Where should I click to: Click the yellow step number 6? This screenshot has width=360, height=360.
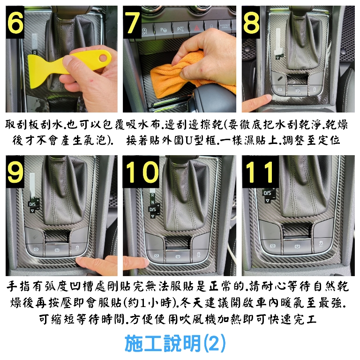tap(15, 22)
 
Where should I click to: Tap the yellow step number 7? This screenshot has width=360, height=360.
tap(133, 22)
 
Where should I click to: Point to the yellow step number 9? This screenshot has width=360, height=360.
tap(15, 172)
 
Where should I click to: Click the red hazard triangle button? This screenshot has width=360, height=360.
tap(197, 29)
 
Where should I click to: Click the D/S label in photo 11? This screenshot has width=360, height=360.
tap(267, 193)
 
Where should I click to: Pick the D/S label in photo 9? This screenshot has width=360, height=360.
tap(32, 204)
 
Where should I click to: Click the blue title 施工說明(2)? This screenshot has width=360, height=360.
tap(175, 344)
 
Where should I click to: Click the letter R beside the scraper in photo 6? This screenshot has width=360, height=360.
tap(35, 52)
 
